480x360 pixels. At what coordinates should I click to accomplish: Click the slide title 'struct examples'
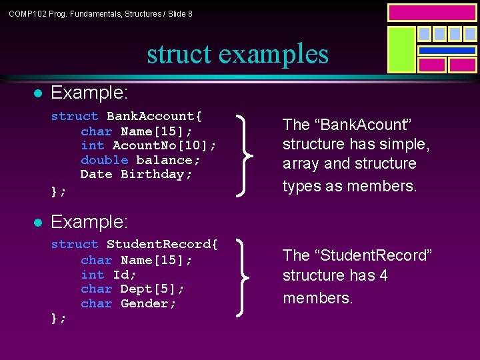point(238,54)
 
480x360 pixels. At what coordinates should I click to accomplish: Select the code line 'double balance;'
point(141,160)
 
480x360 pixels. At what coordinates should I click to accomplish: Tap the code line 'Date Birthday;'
point(136,175)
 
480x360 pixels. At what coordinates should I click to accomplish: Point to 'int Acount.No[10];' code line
point(148,145)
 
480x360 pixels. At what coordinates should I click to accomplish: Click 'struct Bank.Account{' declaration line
point(127,116)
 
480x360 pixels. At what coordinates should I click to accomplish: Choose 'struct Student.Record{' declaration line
point(134,245)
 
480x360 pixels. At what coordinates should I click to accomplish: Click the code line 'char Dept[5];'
point(133,289)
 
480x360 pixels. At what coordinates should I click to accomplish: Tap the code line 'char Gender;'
point(129,304)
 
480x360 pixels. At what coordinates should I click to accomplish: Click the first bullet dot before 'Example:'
point(39,92)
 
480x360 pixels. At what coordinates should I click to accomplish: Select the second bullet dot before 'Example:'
point(39,221)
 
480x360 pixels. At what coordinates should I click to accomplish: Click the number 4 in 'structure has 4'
point(383,276)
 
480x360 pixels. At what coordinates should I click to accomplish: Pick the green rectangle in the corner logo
point(401,49)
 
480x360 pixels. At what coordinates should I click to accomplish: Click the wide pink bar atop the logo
point(432,13)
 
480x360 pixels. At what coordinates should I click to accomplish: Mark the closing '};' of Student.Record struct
point(59,319)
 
